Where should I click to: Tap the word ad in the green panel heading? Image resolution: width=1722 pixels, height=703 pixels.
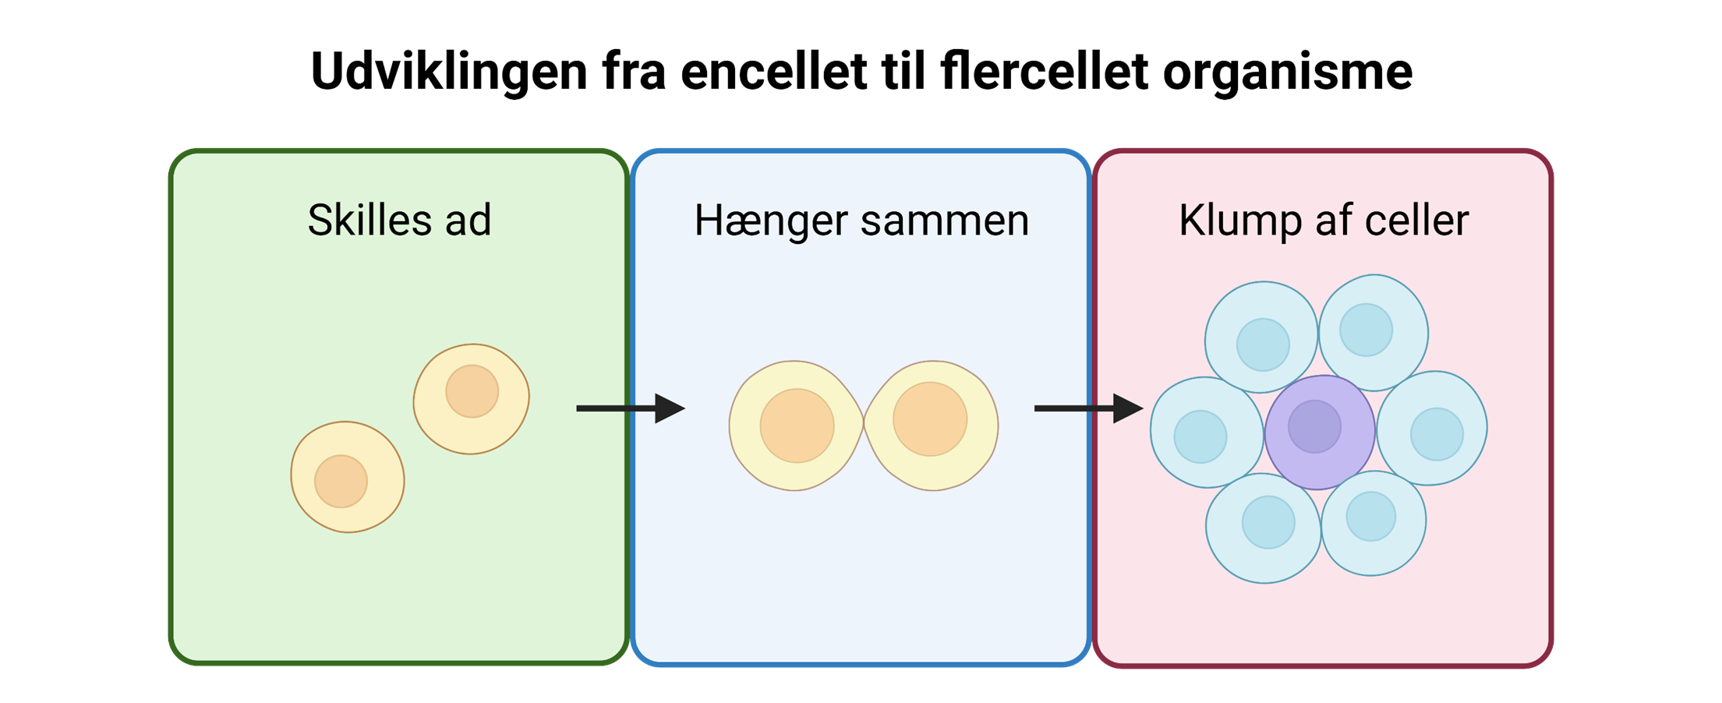469,220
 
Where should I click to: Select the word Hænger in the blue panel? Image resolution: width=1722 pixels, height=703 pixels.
771,221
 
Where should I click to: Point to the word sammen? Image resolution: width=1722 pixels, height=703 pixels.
945,221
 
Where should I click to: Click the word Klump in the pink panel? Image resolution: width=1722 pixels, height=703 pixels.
1239,221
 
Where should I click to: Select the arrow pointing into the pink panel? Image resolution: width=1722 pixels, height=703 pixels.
1088,408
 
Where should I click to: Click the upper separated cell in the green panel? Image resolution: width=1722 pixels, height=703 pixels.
471,399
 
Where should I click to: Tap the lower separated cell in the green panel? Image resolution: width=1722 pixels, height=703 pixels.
348,477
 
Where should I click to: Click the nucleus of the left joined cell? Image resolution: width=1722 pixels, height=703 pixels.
797,426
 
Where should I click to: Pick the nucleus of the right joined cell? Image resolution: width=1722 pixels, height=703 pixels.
930,419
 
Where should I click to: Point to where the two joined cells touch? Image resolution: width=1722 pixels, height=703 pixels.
864,423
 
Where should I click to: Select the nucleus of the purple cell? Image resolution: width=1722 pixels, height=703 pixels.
1314,426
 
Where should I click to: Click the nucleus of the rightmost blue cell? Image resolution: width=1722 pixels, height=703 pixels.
1437,434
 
